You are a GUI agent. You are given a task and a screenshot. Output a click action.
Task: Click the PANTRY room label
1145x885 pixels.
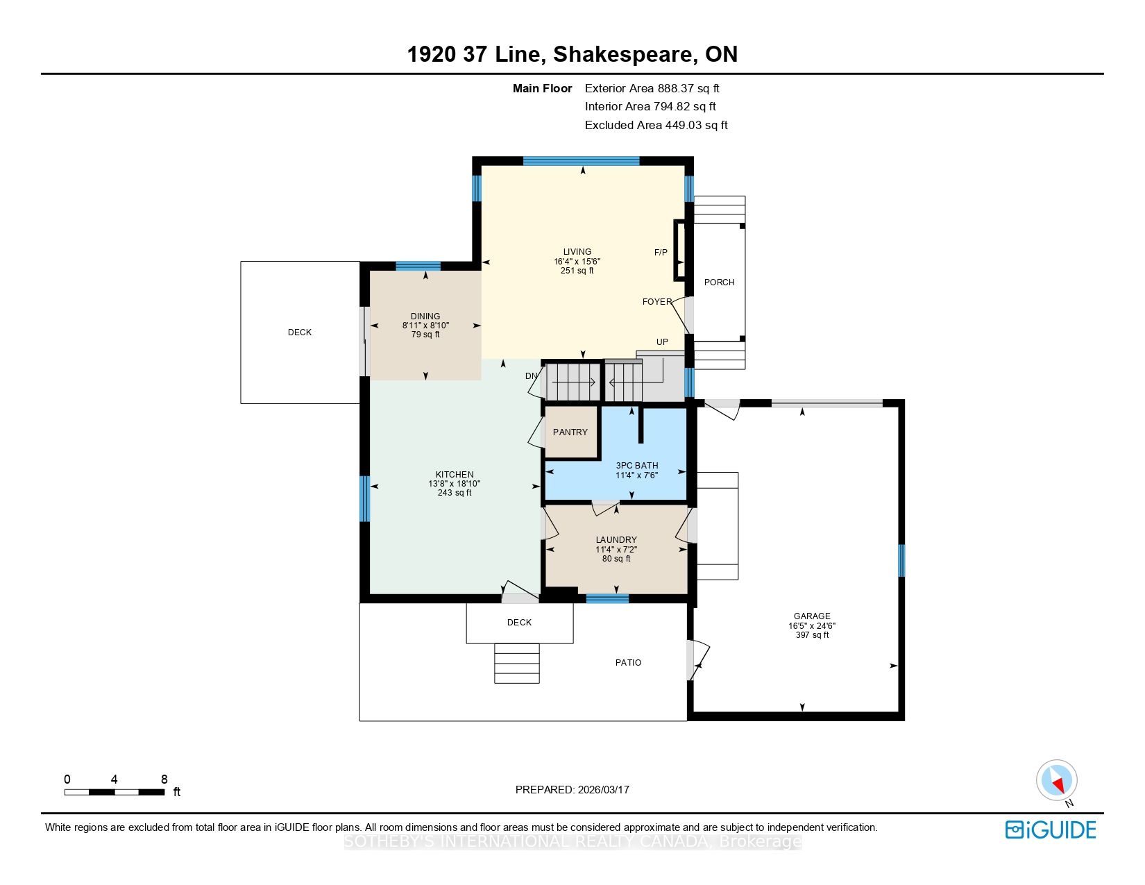coord(570,432)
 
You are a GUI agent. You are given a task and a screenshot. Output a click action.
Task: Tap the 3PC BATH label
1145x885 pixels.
coord(637,466)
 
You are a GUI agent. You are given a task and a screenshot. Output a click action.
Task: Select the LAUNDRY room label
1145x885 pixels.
coord(616,540)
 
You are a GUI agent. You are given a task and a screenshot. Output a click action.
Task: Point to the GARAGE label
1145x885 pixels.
coord(812,616)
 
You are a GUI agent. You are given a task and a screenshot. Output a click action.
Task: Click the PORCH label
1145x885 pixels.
coord(719,283)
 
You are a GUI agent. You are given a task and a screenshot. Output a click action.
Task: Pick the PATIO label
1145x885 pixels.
coord(629,663)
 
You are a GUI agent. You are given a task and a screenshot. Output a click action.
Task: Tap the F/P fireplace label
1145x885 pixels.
coord(661,253)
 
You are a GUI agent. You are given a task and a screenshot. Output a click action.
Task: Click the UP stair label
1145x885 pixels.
coord(662,342)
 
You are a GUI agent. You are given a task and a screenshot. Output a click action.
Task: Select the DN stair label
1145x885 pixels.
coord(531,376)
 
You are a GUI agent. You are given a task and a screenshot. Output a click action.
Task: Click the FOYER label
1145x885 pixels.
coord(657,302)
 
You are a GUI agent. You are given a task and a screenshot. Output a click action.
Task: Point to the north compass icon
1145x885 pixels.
coord(1057,781)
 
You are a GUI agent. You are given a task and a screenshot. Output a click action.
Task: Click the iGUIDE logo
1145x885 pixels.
coord(1051,829)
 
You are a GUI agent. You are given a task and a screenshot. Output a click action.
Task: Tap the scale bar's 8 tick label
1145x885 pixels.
coord(164,779)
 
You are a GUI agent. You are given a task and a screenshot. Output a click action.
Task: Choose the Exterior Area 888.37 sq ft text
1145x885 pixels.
coord(652,89)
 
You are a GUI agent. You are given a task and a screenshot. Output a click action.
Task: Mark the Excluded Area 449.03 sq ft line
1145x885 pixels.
coord(656,126)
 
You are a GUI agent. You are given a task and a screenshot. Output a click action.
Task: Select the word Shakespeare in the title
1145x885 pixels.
coord(623,55)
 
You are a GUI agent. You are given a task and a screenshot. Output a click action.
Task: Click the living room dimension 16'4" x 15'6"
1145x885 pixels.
coord(577,262)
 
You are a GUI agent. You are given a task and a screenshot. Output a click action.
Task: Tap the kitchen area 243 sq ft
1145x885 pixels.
coord(455,493)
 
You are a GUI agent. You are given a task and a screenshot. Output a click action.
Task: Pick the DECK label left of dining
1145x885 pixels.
coord(300,332)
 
